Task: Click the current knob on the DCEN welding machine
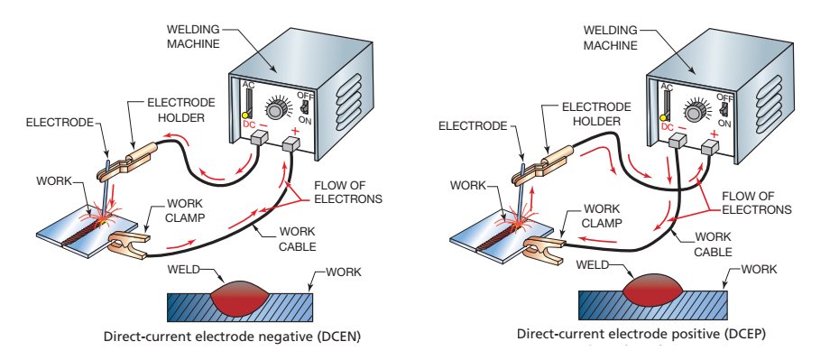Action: [x=275, y=110]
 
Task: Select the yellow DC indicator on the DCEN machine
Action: [x=245, y=114]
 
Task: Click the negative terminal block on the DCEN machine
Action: [x=260, y=139]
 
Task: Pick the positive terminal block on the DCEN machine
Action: [x=290, y=143]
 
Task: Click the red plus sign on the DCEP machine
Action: [x=714, y=134]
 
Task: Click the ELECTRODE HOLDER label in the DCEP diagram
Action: [x=596, y=115]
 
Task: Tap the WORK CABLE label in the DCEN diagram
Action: [x=298, y=239]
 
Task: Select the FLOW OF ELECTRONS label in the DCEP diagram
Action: [x=757, y=202]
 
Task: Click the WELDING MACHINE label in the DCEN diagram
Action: [x=194, y=36]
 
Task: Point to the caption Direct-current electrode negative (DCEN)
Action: [x=232, y=337]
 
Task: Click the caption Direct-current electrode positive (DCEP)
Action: [x=641, y=334]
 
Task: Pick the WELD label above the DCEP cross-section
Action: [x=593, y=264]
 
